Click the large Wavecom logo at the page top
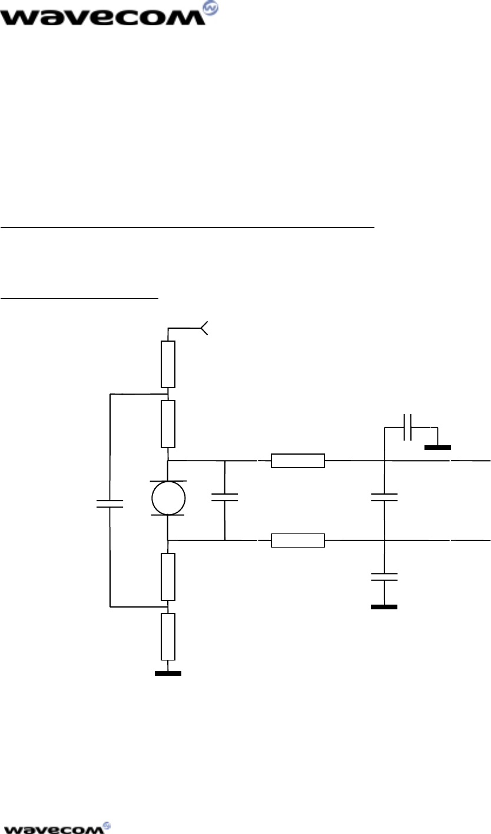109,14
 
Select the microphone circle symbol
168,498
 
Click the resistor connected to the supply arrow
168,363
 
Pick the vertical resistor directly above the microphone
168,423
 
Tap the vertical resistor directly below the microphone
168,576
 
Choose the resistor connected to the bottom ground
168,636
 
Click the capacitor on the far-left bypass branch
110,503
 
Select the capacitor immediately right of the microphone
224,498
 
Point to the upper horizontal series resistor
297,461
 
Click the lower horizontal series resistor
297,540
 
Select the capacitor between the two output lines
384,498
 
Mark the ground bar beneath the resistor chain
168,673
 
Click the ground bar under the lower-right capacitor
384,606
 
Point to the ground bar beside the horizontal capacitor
437,448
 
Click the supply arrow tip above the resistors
205,328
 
